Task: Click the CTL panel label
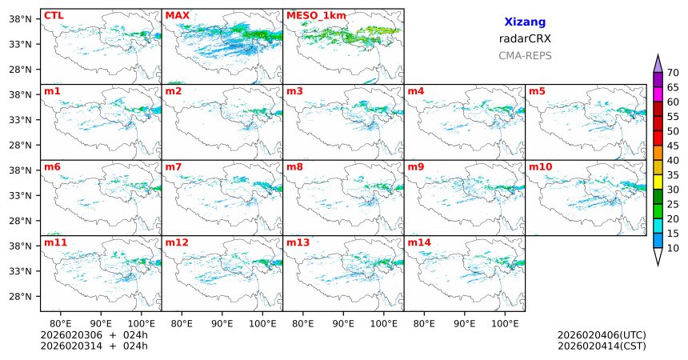tap(53, 15)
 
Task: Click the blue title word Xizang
tap(525, 23)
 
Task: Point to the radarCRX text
tap(525, 38)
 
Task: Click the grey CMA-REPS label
tap(525, 56)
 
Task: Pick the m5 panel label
tap(537, 91)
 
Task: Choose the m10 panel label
tap(540, 166)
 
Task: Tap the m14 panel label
tap(419, 242)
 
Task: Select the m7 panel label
tap(173, 166)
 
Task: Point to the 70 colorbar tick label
tap(673, 72)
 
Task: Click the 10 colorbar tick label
tap(673, 249)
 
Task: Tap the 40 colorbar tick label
tap(673, 160)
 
